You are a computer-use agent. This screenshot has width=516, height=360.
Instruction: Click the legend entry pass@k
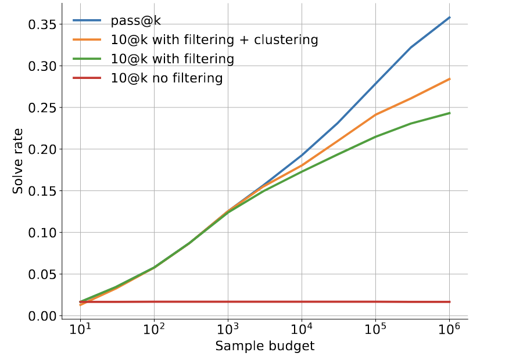point(136,21)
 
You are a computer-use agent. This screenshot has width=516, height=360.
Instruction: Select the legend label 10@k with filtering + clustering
point(214,40)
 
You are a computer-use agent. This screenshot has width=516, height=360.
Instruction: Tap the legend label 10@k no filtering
point(167,78)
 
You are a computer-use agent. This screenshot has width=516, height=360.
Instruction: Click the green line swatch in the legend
point(87,59)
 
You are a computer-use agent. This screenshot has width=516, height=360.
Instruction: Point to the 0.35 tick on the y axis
point(42,24)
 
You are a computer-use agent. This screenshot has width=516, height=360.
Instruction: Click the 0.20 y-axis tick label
point(42,149)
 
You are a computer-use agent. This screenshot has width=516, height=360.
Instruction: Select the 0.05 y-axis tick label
point(42,274)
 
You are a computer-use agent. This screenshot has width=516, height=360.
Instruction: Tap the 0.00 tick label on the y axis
point(42,316)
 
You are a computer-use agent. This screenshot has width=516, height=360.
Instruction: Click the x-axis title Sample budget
point(264,347)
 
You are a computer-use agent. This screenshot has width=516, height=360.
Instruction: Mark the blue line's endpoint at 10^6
point(450,17)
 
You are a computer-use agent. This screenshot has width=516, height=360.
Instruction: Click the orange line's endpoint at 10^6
point(450,79)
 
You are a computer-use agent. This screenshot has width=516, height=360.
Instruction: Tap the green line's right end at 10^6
point(450,113)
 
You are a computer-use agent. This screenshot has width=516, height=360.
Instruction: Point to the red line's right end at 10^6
point(450,302)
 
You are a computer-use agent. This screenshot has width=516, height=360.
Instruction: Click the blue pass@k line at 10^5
point(376,82)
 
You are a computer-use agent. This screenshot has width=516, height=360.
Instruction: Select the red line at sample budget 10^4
point(302,302)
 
